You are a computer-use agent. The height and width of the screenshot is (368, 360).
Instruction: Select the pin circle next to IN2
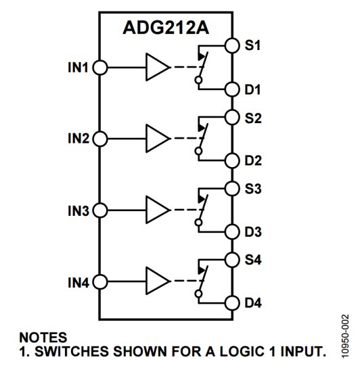[x=100, y=138]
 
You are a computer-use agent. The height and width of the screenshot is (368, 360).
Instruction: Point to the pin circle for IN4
[x=100, y=281]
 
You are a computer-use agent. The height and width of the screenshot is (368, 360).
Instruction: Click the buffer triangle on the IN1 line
[x=157, y=68]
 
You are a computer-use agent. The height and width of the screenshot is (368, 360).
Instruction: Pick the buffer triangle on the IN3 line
[x=157, y=210]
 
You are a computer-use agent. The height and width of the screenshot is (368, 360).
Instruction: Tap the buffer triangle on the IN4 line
[x=157, y=281]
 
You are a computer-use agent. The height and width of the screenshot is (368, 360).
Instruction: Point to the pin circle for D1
[x=232, y=89]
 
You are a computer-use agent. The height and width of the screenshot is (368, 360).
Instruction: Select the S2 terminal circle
[x=232, y=116]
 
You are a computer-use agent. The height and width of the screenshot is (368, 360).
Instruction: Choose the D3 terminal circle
[x=232, y=232]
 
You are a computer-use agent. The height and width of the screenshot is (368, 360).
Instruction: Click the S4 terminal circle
[x=232, y=258]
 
